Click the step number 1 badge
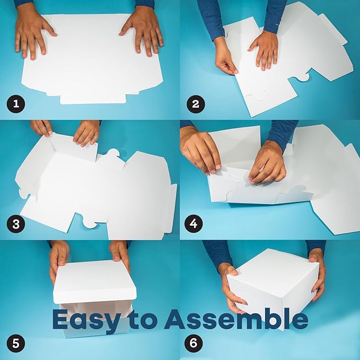coord(15,104)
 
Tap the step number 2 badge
coord(196,104)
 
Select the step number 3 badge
coord(15,224)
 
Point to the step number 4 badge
coord(194,224)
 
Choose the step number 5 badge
coord(15,344)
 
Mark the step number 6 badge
coord(194,344)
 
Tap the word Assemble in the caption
coord(236,319)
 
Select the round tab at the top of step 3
coord(112,154)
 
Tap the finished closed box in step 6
coord(273,288)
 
